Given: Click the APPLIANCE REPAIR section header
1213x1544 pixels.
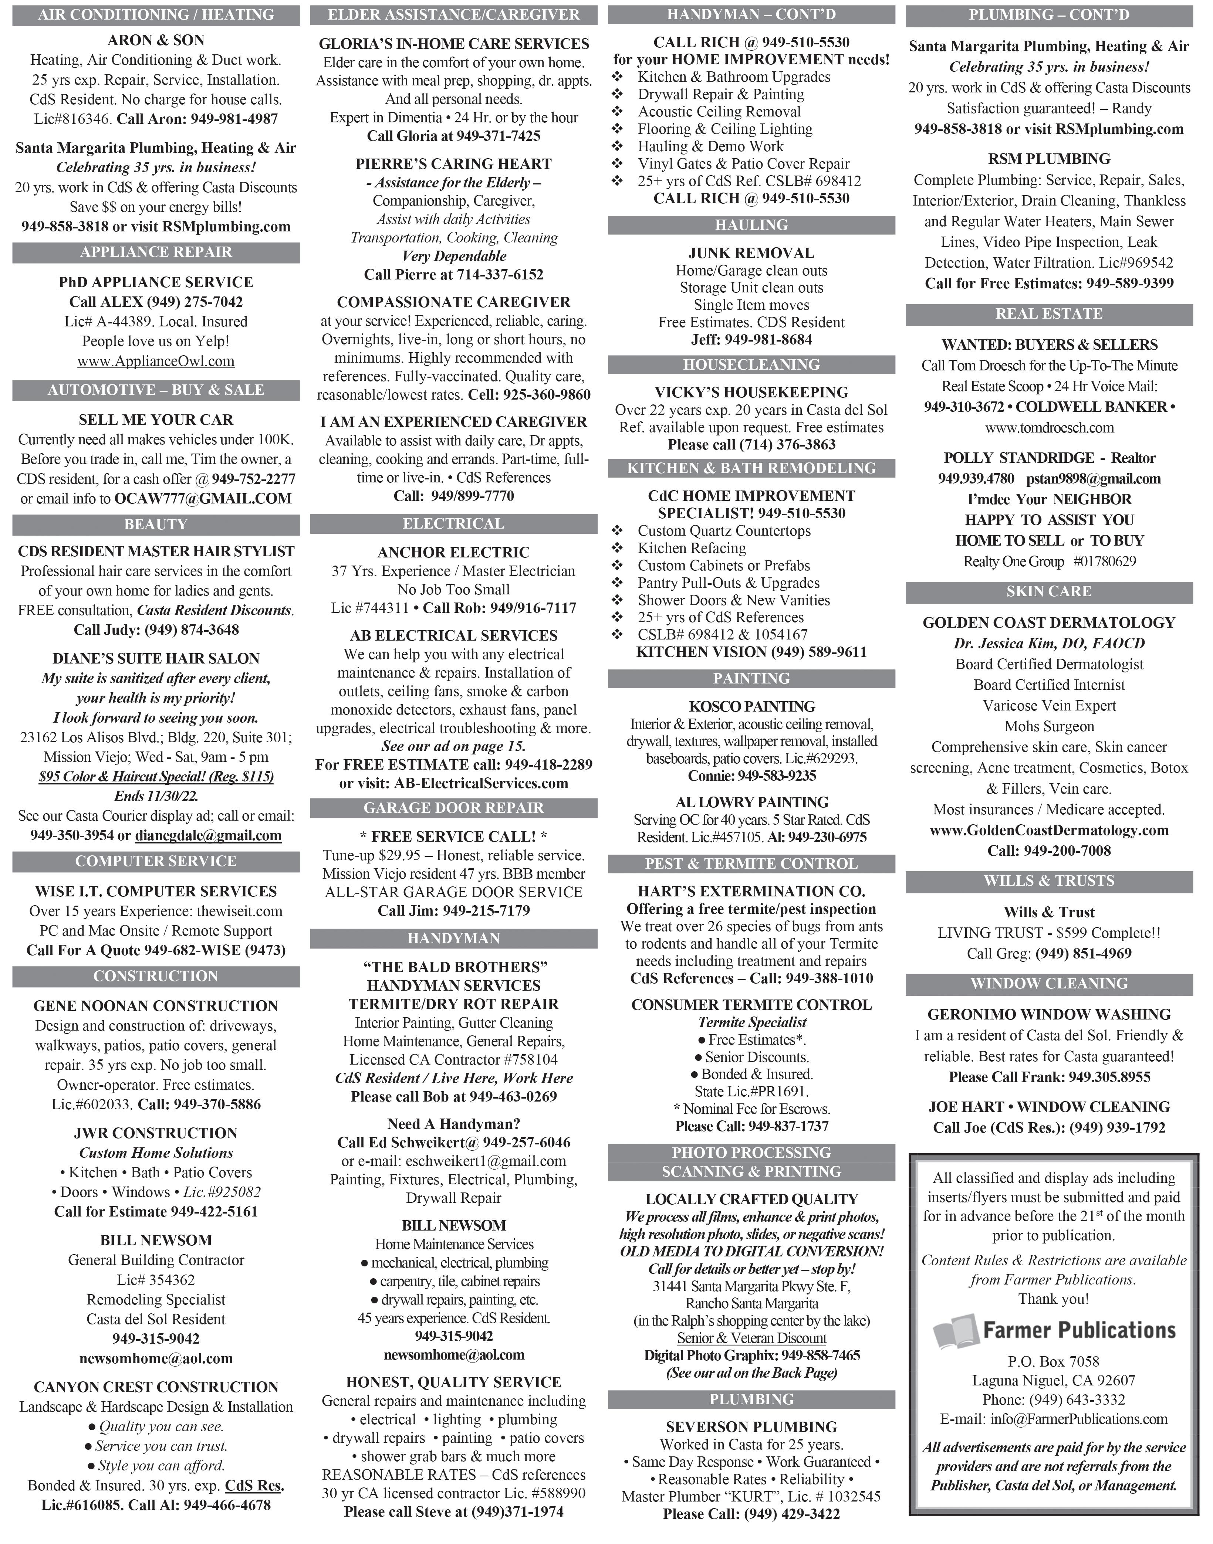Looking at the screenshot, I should coord(156,252).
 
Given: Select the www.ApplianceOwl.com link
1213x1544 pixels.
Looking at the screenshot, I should coord(156,362).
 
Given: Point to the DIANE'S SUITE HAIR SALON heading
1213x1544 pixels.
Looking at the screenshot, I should coord(156,658).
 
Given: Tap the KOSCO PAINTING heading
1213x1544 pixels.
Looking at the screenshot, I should coord(751,706).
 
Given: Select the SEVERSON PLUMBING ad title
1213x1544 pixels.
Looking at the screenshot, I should coord(751,1426).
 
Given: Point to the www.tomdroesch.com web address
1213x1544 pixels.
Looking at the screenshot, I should coord(1049,427).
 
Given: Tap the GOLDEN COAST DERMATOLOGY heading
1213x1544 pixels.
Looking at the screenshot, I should coord(1049,622).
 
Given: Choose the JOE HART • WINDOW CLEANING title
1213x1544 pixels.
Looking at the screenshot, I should coord(1049,1107).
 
